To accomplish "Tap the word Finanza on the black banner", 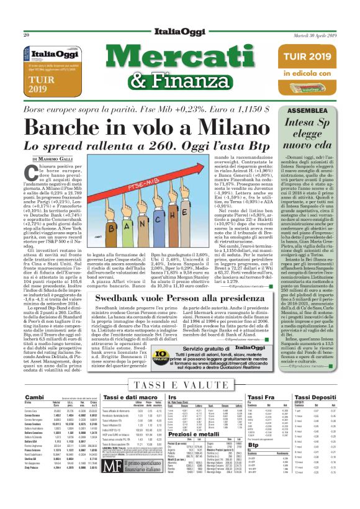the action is tap(205, 83).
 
